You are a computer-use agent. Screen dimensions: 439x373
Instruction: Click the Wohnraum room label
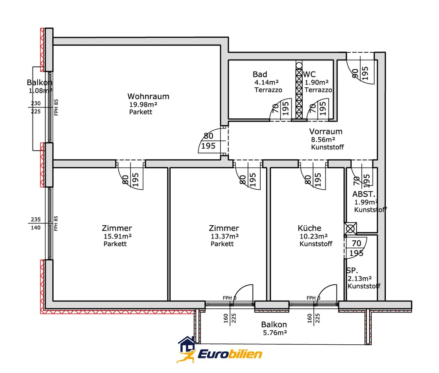[x=148, y=96]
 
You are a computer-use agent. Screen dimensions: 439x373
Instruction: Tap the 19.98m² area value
[x=143, y=104]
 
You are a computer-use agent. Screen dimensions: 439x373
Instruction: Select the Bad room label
[x=260, y=75]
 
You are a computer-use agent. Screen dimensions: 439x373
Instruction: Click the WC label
[x=310, y=75]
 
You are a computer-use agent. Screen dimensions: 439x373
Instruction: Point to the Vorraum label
[x=326, y=131]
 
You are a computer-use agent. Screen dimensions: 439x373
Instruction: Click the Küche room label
[x=310, y=228]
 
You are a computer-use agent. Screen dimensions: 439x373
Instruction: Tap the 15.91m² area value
[x=117, y=236]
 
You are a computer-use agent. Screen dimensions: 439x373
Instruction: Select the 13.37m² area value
[x=225, y=236]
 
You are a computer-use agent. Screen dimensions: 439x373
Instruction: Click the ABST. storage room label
[x=364, y=194]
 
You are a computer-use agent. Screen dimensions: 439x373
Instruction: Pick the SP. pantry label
[x=352, y=270]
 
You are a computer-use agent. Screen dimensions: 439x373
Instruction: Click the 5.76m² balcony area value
[x=275, y=333]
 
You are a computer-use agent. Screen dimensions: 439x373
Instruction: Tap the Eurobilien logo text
[x=230, y=354]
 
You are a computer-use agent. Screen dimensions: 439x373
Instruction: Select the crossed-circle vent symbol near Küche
[x=350, y=229]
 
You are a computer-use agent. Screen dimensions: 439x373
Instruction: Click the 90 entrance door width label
[x=355, y=73]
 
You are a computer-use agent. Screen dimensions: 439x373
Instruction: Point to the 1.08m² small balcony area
[x=41, y=91]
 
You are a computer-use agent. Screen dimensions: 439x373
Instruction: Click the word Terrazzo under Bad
[x=268, y=90]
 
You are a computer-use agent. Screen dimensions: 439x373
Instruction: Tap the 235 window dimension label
[x=36, y=220]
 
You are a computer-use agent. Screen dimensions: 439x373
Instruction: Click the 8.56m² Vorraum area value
[x=323, y=140]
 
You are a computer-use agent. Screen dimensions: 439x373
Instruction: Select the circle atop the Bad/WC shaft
[x=299, y=66]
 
